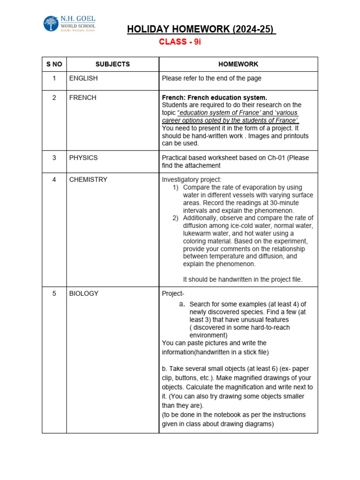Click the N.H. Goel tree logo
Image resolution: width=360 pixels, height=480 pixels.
[x=51, y=24]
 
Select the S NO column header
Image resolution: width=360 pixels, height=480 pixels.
[x=54, y=64]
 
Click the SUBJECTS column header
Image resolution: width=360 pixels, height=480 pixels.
[x=112, y=64]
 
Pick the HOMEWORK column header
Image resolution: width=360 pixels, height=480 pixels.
[x=238, y=64]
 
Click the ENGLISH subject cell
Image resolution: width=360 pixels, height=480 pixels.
[x=83, y=78]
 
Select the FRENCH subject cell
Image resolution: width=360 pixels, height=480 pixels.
[x=82, y=97]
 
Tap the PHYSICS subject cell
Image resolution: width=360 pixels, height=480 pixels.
[x=83, y=157]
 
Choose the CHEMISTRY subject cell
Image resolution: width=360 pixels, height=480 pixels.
[x=88, y=179]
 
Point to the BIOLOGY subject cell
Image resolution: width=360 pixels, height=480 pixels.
[x=84, y=293]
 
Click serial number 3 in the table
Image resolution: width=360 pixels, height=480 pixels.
[x=54, y=157]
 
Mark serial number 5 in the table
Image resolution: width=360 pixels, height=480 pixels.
[x=54, y=293]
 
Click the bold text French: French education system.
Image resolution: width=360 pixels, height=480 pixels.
[x=214, y=97]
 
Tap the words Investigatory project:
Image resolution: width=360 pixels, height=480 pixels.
[x=192, y=180]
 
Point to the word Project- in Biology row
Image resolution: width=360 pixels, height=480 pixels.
[x=173, y=293]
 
